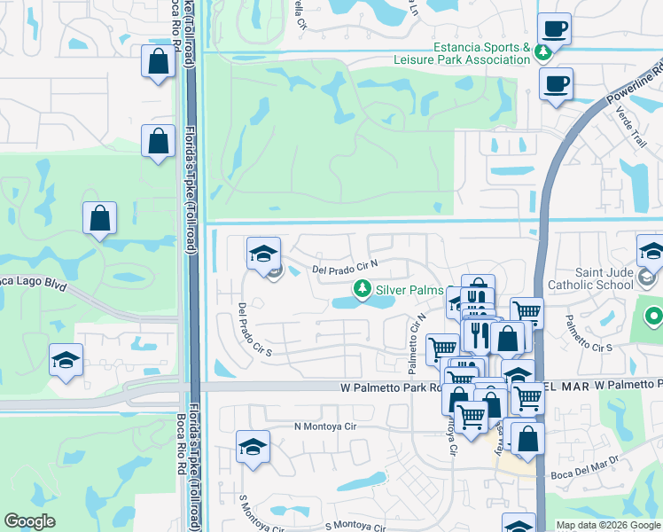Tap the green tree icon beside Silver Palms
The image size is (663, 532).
362,289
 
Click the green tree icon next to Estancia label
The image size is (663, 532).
542,51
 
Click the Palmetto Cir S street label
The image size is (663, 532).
590,334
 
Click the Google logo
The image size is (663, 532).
29,521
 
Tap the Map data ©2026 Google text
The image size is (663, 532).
608,525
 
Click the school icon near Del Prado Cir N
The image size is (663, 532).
262,254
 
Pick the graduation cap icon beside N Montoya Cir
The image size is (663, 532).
253,447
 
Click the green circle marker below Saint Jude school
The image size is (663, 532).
654,316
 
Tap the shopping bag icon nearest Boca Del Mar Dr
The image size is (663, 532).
527,439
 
